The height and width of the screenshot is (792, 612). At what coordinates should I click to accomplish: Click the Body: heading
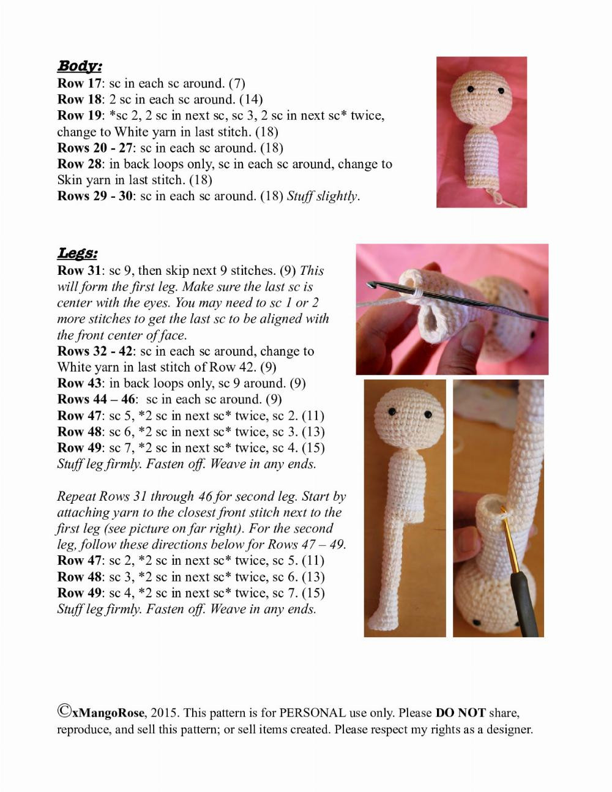click(80, 66)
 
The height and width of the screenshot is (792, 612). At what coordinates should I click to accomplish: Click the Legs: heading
click(77, 253)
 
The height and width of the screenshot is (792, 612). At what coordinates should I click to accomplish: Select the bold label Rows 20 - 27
click(94, 148)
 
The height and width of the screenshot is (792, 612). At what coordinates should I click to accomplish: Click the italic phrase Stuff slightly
click(323, 196)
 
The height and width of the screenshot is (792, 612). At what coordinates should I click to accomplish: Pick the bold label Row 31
click(79, 271)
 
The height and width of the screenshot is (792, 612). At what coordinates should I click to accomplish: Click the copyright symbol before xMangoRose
click(64, 711)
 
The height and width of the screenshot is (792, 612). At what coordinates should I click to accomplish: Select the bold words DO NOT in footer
click(460, 712)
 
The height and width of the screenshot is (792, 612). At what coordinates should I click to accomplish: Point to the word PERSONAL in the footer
click(312, 712)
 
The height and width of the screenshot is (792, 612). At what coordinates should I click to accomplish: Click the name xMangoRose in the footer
click(108, 712)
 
